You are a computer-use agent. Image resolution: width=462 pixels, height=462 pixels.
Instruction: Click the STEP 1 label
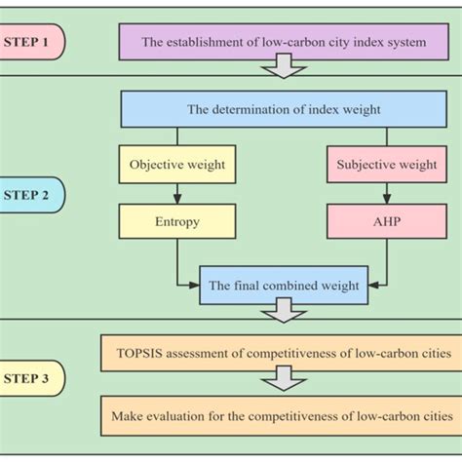31,42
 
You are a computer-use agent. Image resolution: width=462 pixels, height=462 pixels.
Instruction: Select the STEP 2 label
31,194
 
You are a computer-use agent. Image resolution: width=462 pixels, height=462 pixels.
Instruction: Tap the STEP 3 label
31,377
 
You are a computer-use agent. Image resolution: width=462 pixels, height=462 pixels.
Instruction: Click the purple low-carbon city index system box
286,42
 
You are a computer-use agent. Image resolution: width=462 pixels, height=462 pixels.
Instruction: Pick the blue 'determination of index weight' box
284,109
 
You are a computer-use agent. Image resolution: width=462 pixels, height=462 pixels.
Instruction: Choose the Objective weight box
177,165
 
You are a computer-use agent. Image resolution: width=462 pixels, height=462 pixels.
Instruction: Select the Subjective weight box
387,165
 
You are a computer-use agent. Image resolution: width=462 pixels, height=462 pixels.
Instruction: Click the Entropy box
177,221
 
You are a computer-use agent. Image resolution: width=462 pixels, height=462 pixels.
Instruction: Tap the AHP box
387,221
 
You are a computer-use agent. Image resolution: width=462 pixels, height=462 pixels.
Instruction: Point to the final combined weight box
284,286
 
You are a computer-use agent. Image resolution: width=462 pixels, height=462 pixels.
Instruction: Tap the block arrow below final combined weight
284,311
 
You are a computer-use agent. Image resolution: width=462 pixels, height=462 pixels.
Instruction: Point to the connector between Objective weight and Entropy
177,193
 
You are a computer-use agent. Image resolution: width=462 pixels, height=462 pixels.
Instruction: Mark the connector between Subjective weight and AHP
387,193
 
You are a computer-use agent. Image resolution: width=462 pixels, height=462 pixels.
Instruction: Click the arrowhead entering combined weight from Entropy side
195,286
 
